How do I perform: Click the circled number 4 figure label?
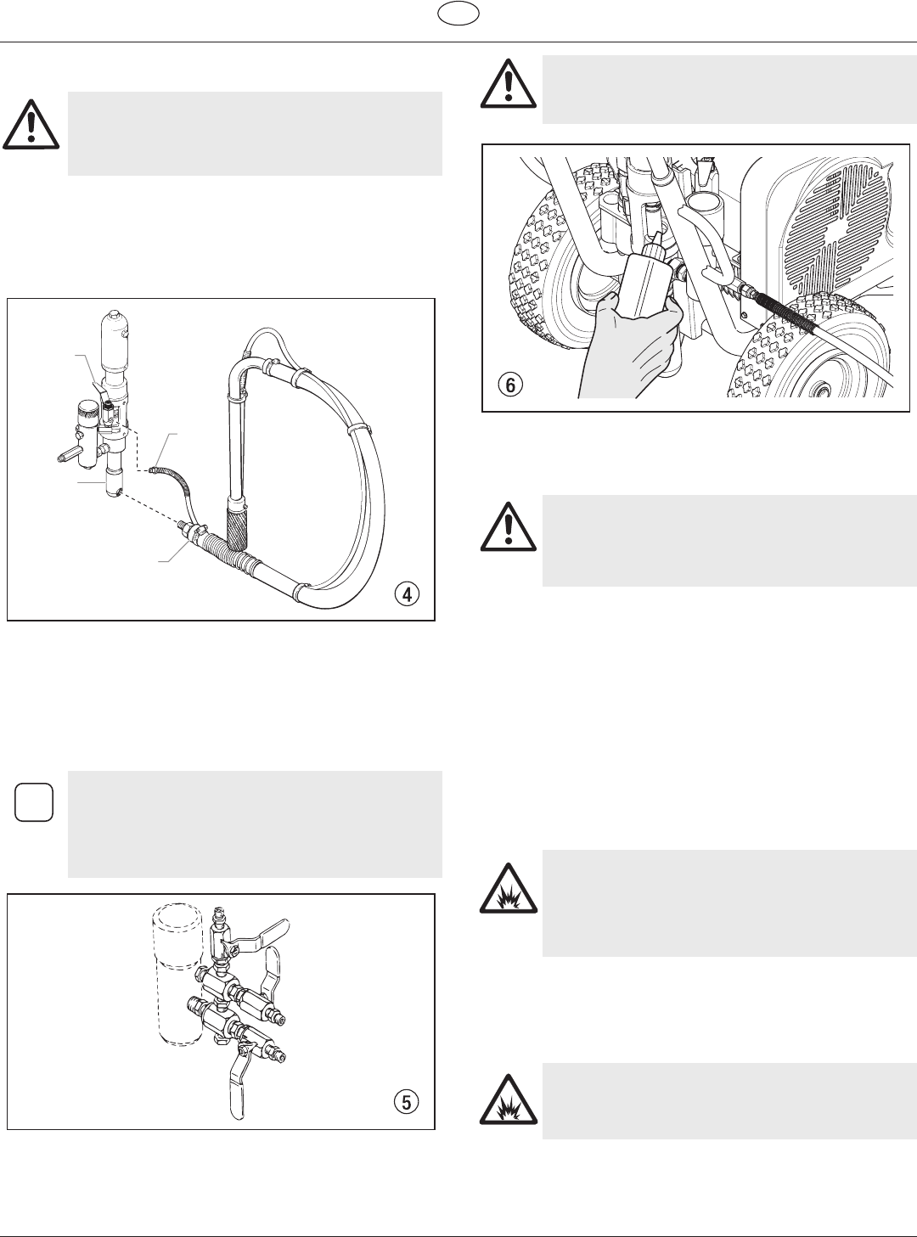click(408, 595)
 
